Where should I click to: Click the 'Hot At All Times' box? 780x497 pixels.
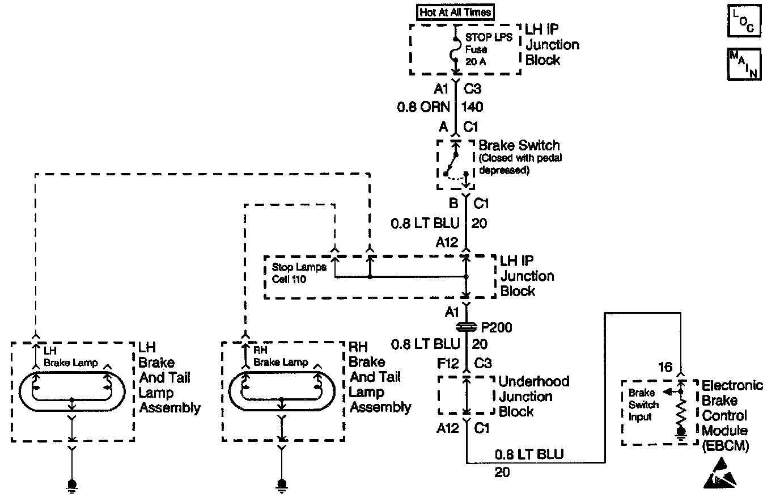pos(455,12)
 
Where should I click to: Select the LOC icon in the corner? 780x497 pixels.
pos(743,22)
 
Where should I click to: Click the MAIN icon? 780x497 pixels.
pos(743,64)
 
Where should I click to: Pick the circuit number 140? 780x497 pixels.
pos(473,106)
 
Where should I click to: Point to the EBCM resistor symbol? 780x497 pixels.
pos(681,412)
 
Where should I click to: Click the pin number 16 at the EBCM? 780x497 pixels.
pos(665,367)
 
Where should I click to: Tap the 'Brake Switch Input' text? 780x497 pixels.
pos(643,405)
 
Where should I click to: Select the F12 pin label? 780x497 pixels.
pos(448,363)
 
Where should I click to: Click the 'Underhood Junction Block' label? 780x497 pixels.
pos(533,396)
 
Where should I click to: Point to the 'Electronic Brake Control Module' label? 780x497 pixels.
pos(732,415)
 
